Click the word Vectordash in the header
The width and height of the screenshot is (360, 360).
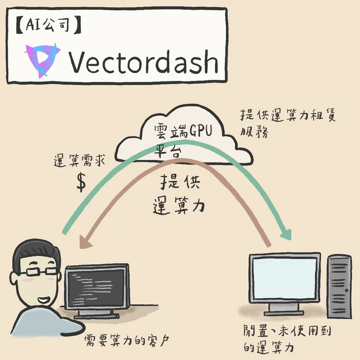[144, 61]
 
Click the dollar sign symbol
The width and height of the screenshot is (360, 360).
[81, 182]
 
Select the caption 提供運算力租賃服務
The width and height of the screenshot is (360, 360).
[287, 123]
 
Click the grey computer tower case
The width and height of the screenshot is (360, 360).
[339, 287]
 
